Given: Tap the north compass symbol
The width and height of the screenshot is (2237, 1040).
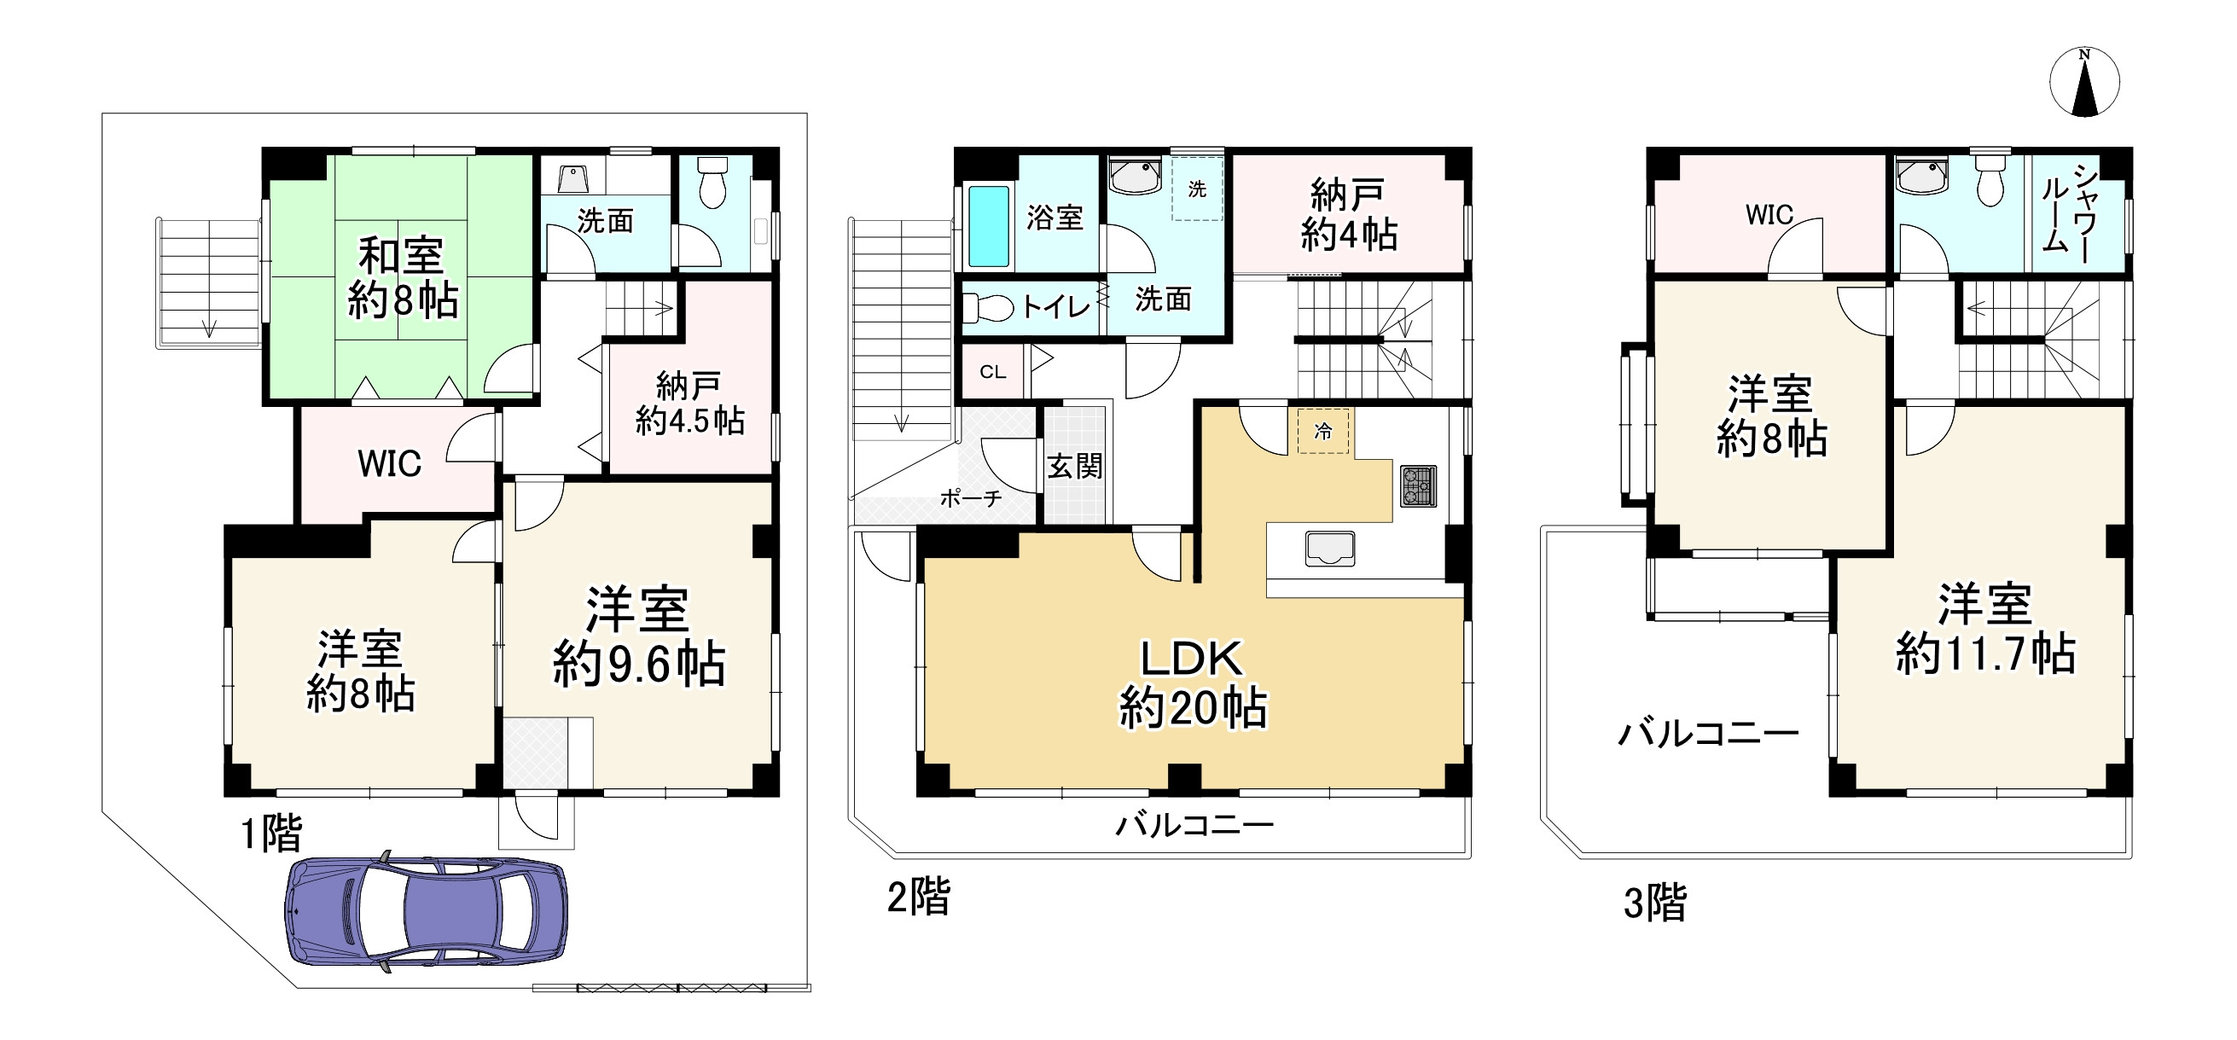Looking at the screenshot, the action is pos(2084,83).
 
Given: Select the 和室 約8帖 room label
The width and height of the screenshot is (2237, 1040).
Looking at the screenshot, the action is pos(402,278).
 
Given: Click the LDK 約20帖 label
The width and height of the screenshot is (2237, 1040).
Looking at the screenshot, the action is pos(1193,684).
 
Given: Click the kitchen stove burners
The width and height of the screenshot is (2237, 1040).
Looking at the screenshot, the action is pos(1418,486).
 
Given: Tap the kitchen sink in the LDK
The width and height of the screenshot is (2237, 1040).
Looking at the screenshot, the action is pos(1329,549).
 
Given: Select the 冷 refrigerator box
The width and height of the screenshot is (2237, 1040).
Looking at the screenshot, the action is pos(1323,431).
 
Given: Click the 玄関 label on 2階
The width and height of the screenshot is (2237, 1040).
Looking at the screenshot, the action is pos(1074,467).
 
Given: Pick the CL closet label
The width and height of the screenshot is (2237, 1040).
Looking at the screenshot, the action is pos(992,373).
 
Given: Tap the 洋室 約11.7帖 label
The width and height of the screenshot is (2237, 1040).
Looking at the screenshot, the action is pos(1985,630).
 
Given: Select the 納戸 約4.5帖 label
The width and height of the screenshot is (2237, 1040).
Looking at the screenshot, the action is pos(689,403).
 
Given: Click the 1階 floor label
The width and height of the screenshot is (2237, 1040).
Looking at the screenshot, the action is pos(271,835).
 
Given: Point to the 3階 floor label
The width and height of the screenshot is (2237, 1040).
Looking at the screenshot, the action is pos(1655,903).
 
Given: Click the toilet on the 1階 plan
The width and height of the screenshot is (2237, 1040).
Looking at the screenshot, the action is pos(712,183).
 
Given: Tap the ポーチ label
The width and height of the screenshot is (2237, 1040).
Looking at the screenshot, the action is pos(971,498).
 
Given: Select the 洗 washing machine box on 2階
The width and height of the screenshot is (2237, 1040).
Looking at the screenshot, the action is pos(1197,189).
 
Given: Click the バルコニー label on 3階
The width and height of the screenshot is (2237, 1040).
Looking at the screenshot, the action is pos(1708,735).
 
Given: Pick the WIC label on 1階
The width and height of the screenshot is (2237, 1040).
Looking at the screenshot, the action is pos(389,464).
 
